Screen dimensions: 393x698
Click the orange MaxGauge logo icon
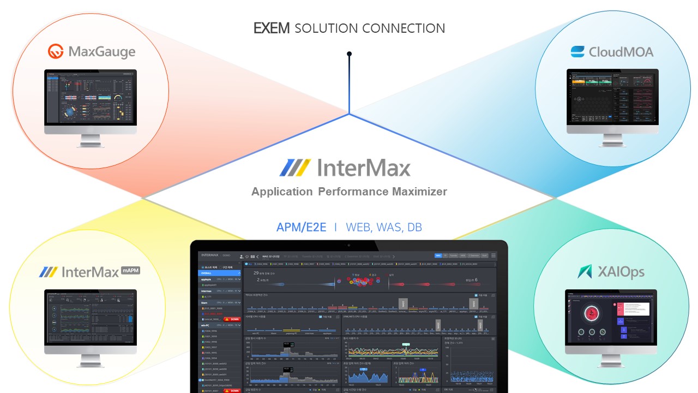point(56,52)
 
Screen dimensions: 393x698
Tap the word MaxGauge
point(102,52)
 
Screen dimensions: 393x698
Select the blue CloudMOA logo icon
point(577,52)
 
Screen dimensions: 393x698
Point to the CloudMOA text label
point(621,52)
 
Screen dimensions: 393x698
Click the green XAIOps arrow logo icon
point(585,271)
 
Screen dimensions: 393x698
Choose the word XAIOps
point(621,272)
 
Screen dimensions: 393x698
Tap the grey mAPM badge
point(131,269)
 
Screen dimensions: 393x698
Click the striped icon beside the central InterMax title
point(295,168)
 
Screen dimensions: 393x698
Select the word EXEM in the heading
point(272,28)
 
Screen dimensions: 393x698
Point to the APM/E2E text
point(301,227)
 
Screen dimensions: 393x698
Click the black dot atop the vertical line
point(349,54)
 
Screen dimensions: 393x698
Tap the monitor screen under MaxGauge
point(91,97)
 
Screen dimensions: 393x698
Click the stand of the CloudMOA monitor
point(612,139)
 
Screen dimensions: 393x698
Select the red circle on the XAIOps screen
point(590,314)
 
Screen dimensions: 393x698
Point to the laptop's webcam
point(349,245)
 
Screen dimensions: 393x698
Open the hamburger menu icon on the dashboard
point(494,255)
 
